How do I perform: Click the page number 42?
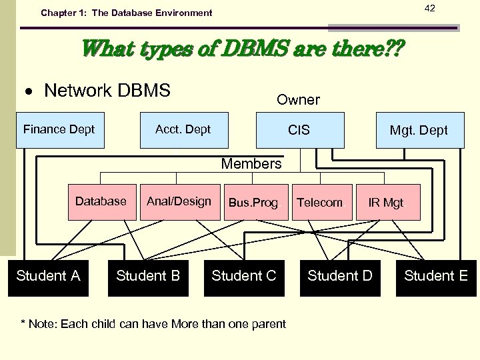[x=430, y=8]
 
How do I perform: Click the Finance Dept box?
[x=59, y=130]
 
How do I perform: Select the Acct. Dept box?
[x=183, y=130]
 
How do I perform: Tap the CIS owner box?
[x=299, y=130]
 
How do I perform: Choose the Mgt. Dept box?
[x=419, y=131]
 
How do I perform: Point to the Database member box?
[x=101, y=202]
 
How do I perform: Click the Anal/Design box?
[x=179, y=202]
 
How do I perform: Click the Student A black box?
[x=48, y=277]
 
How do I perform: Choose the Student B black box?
[x=148, y=277]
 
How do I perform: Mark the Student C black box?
[x=244, y=277]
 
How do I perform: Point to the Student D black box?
[x=340, y=277]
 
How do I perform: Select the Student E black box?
[x=436, y=277]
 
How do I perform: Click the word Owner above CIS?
[x=298, y=100]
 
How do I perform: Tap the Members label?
[x=251, y=164]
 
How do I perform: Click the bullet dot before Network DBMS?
[x=30, y=91]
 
